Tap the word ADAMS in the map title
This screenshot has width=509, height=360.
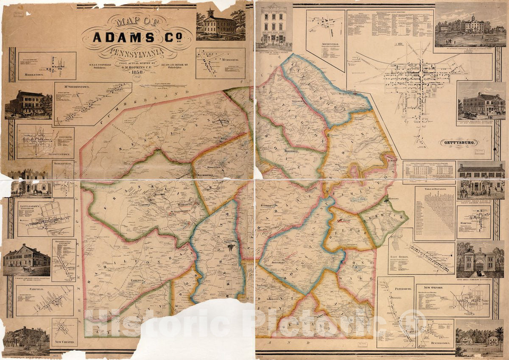coord(120,38)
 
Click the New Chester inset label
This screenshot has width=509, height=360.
coord(64,342)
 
